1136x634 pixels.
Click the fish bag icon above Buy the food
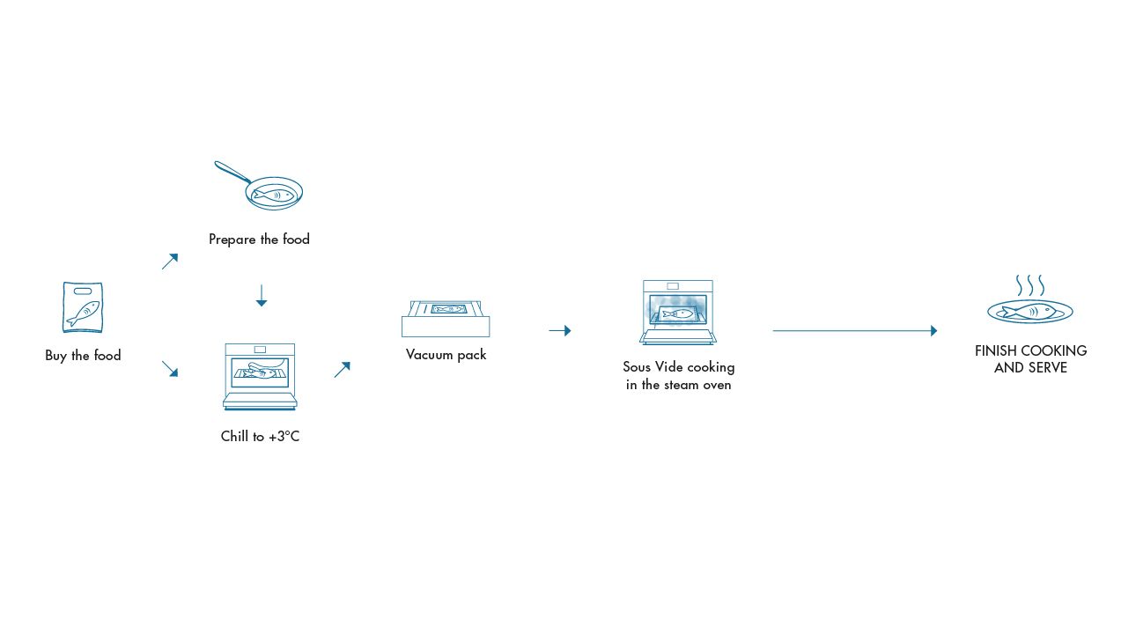pyautogui.click(x=83, y=307)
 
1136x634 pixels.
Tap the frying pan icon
pyautogui.click(x=273, y=192)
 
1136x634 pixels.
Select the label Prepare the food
pyautogui.click(x=259, y=240)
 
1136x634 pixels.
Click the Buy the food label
pyautogui.click(x=83, y=356)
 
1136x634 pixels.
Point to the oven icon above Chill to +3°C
pyautogui.click(x=260, y=376)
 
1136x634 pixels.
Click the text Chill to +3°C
pyautogui.click(x=260, y=437)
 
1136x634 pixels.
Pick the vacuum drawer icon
pyautogui.click(x=446, y=318)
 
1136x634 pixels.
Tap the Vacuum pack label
pyautogui.click(x=446, y=355)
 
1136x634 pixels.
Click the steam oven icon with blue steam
pyautogui.click(x=677, y=312)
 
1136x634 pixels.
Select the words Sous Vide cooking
pyautogui.click(x=678, y=367)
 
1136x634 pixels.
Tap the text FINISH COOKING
pyautogui.click(x=1030, y=350)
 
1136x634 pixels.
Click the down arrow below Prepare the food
pyautogui.click(x=261, y=296)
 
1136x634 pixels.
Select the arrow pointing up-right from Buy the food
pyautogui.click(x=170, y=262)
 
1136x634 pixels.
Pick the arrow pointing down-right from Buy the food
pyautogui.click(x=170, y=369)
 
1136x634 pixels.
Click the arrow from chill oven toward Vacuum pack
pyautogui.click(x=343, y=370)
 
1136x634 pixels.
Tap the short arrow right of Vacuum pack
pyautogui.click(x=559, y=331)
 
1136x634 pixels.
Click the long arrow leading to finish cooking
pyautogui.click(x=854, y=331)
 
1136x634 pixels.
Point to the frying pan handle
pyautogui.click(x=232, y=171)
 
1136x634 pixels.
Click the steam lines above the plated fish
pyautogui.click(x=1029, y=285)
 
